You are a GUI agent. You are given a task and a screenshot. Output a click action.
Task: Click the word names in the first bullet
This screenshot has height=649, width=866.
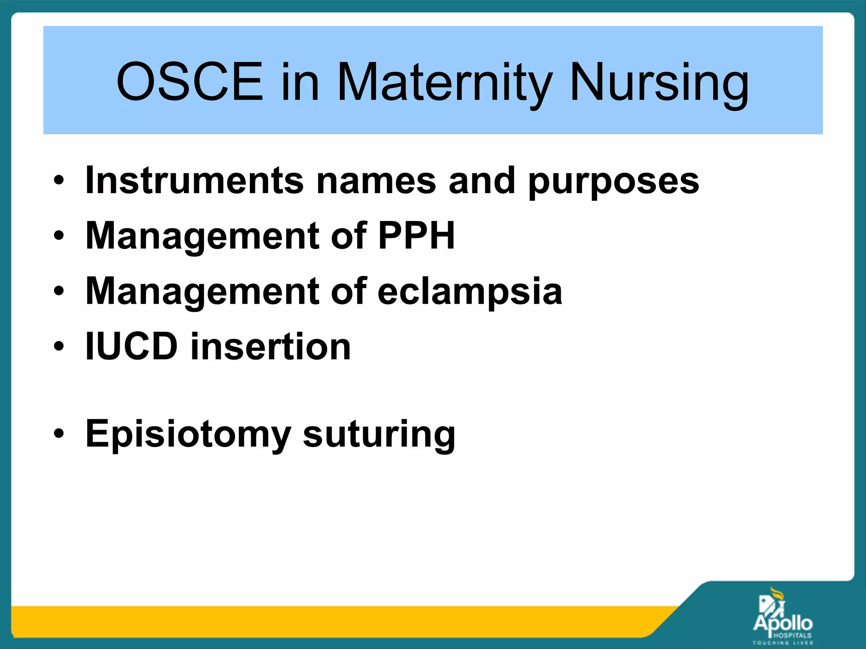click(x=376, y=180)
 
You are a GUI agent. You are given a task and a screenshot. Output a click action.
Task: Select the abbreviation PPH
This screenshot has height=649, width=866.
click(x=416, y=235)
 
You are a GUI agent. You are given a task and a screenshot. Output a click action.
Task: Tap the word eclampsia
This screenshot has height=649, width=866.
click(x=469, y=292)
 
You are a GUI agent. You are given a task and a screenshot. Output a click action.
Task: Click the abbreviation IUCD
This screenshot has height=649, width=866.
click(x=131, y=346)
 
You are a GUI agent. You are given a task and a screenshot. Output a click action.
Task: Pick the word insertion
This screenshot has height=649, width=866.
click(x=271, y=346)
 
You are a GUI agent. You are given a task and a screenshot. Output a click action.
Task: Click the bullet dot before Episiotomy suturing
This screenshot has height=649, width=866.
click(x=59, y=434)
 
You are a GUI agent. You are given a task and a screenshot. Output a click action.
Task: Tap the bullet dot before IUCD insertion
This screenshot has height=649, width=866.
click(x=59, y=346)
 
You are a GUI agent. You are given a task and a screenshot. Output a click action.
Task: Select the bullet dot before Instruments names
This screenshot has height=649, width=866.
click(x=59, y=180)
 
